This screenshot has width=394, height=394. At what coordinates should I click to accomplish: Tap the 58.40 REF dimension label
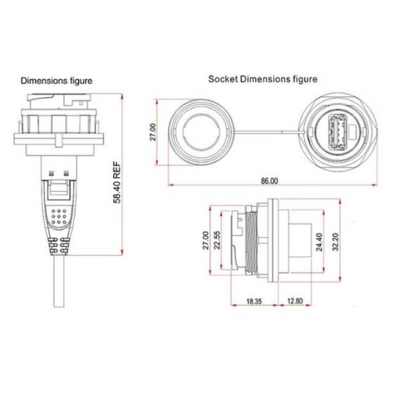[119, 182]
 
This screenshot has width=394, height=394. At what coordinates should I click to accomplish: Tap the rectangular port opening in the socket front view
[335, 132]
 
